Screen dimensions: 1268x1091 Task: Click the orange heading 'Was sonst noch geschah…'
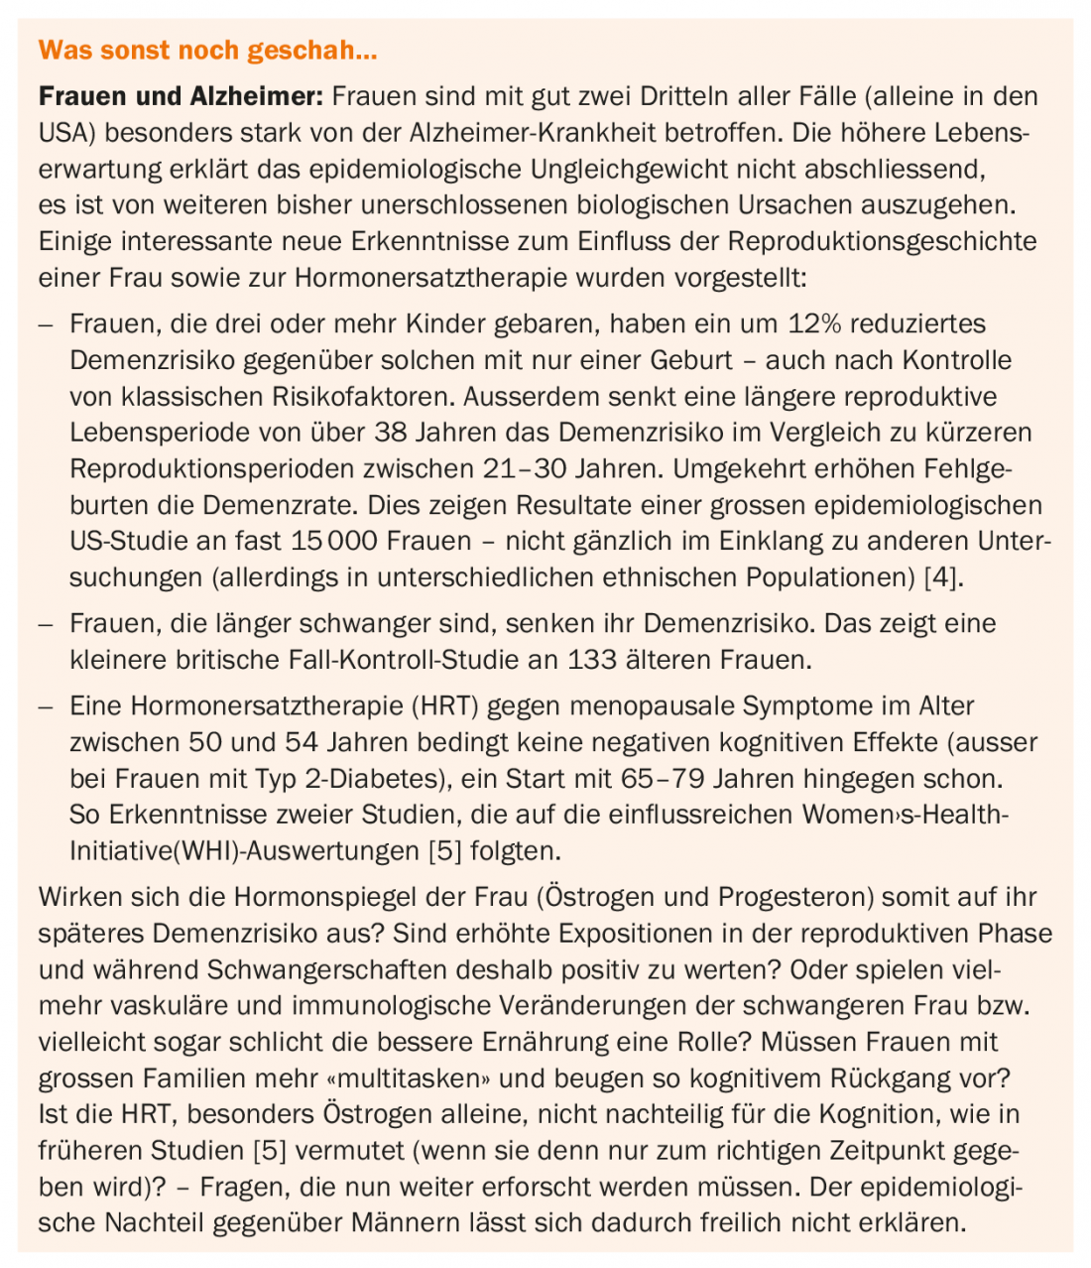coord(208,50)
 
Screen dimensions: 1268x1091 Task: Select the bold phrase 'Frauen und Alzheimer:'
coord(181,97)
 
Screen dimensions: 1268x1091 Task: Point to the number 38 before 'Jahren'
coord(390,433)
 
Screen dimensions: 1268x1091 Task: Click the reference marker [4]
coord(942,577)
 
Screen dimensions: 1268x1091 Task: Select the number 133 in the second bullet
coord(594,660)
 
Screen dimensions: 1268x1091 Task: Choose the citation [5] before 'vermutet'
coord(272,1151)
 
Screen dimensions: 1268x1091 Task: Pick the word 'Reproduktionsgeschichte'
coord(883,241)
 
